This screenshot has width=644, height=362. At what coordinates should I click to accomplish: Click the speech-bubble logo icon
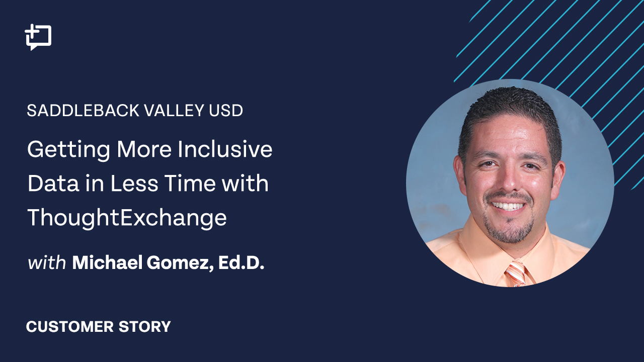coord(38,37)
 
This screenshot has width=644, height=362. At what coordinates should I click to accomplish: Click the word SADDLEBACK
coord(84,111)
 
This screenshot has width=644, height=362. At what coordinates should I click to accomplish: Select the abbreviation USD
coord(226,111)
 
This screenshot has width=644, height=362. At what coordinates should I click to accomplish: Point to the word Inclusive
coord(225,149)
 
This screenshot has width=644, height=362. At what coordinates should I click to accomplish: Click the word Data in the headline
coord(53,184)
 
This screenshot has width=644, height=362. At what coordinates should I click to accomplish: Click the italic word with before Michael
coord(47,263)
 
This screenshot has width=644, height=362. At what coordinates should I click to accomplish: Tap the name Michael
coord(107,262)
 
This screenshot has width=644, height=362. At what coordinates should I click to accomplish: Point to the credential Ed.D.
coord(241,262)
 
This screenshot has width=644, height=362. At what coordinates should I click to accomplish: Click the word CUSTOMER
coord(70,327)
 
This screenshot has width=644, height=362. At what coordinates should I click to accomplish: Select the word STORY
coord(145,327)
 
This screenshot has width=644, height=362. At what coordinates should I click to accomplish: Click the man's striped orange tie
coord(516,274)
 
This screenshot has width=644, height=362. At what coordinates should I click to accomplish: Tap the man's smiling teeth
coord(508,206)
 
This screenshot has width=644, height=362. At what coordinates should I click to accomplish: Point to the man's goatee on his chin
coord(508,231)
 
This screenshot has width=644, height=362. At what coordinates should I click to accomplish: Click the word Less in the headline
coord(134,184)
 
